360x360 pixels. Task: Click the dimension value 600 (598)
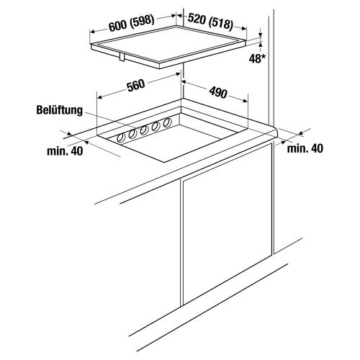pyautogui.click(x=131, y=24)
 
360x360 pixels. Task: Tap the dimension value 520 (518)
pyautogui.click(x=210, y=22)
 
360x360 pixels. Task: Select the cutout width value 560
pyautogui.click(x=136, y=86)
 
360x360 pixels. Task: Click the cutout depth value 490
pyautogui.click(x=218, y=92)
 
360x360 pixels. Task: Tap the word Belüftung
pyautogui.click(x=60, y=110)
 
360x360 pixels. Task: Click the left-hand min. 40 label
pyautogui.click(x=65, y=151)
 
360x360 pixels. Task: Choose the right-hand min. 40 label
pyautogui.click(x=305, y=148)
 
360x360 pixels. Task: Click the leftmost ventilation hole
pyautogui.click(x=121, y=138)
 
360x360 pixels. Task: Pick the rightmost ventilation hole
pyautogui.click(x=166, y=123)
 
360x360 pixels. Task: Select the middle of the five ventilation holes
pyautogui.click(x=144, y=130)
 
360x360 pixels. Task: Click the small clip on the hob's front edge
pyautogui.click(x=122, y=58)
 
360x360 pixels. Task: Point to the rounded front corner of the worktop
pyautogui.click(x=275, y=132)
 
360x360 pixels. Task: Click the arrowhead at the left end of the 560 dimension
pyautogui.click(x=99, y=96)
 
